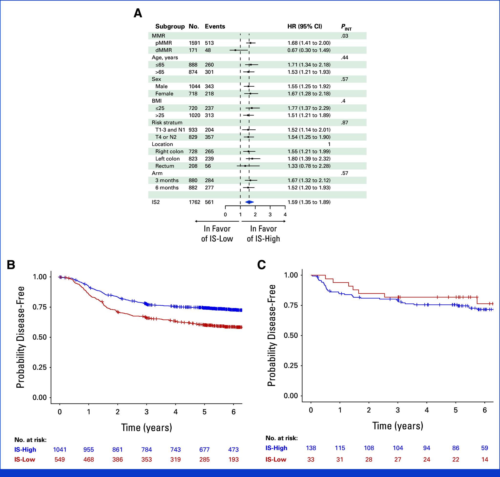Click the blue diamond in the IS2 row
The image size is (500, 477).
(x=249, y=202)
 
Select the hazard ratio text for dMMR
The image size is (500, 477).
(x=309, y=50)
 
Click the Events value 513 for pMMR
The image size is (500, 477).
(x=209, y=43)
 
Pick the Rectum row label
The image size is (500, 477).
(x=165, y=166)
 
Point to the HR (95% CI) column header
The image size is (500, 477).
(x=304, y=26)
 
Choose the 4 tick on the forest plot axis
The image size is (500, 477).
(x=285, y=215)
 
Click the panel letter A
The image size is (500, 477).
(x=138, y=13)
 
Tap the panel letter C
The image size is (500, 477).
(x=261, y=265)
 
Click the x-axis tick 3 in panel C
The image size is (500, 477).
(x=398, y=410)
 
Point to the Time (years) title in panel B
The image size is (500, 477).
(x=146, y=427)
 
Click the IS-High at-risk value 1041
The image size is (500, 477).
(x=60, y=450)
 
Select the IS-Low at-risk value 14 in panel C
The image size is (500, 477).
(x=484, y=459)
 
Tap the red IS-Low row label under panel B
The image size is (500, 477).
(x=25, y=459)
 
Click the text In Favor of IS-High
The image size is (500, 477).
(x=263, y=234)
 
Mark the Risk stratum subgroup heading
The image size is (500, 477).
(x=167, y=123)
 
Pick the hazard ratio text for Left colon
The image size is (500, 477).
(x=309, y=159)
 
